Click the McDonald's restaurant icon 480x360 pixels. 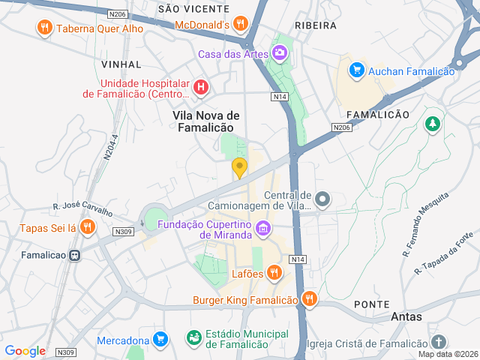[241, 24]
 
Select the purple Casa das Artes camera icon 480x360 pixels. [280, 52]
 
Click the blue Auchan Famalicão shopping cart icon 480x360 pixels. [356, 70]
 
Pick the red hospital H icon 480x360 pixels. [200, 87]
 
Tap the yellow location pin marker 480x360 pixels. [239, 168]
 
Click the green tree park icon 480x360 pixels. [432, 124]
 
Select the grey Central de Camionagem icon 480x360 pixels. [322, 199]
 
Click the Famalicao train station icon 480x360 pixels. [74, 255]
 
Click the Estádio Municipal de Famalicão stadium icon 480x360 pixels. [193, 338]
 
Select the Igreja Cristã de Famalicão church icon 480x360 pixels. [439, 343]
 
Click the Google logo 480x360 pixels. [25, 350]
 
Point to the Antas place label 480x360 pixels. [406, 316]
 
